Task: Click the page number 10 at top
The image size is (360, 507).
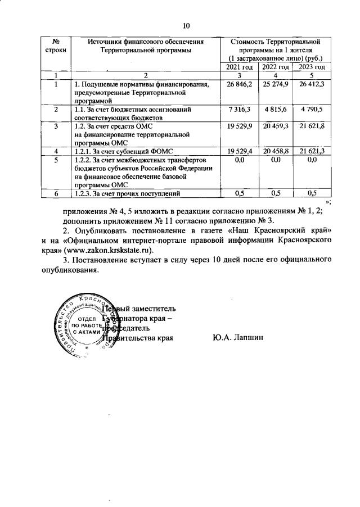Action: (x=187, y=25)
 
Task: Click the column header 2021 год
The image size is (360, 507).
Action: (x=240, y=67)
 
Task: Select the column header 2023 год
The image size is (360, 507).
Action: (x=312, y=67)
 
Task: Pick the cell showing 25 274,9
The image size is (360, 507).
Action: (x=276, y=84)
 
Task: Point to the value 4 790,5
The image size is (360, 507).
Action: (x=312, y=109)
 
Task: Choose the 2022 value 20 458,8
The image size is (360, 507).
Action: (x=276, y=152)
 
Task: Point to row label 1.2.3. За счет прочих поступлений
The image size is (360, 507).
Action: (x=127, y=194)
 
